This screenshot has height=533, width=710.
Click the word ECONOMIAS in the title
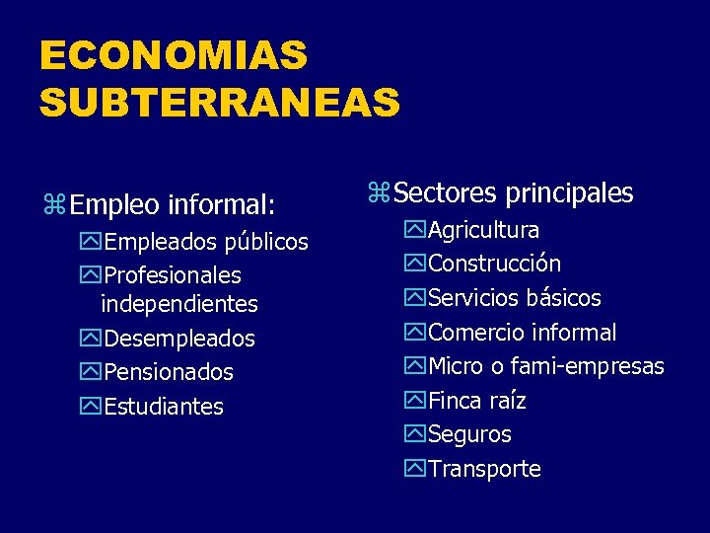[174, 55]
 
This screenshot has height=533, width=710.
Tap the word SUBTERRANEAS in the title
[220, 101]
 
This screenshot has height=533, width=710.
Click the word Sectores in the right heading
[446, 192]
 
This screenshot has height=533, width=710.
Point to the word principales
[569, 193]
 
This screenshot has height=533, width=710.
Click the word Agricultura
[484, 231]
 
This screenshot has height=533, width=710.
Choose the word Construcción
[495, 265]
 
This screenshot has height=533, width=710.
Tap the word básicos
[563, 298]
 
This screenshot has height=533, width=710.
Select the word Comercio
[475, 333]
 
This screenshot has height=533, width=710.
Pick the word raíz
[507, 401]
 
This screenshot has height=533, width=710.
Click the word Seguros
[469, 434]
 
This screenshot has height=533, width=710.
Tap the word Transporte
[484, 469]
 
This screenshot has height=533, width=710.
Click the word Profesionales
[172, 275]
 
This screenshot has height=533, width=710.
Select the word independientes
[178, 304]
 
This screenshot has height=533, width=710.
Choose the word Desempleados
[178, 339]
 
